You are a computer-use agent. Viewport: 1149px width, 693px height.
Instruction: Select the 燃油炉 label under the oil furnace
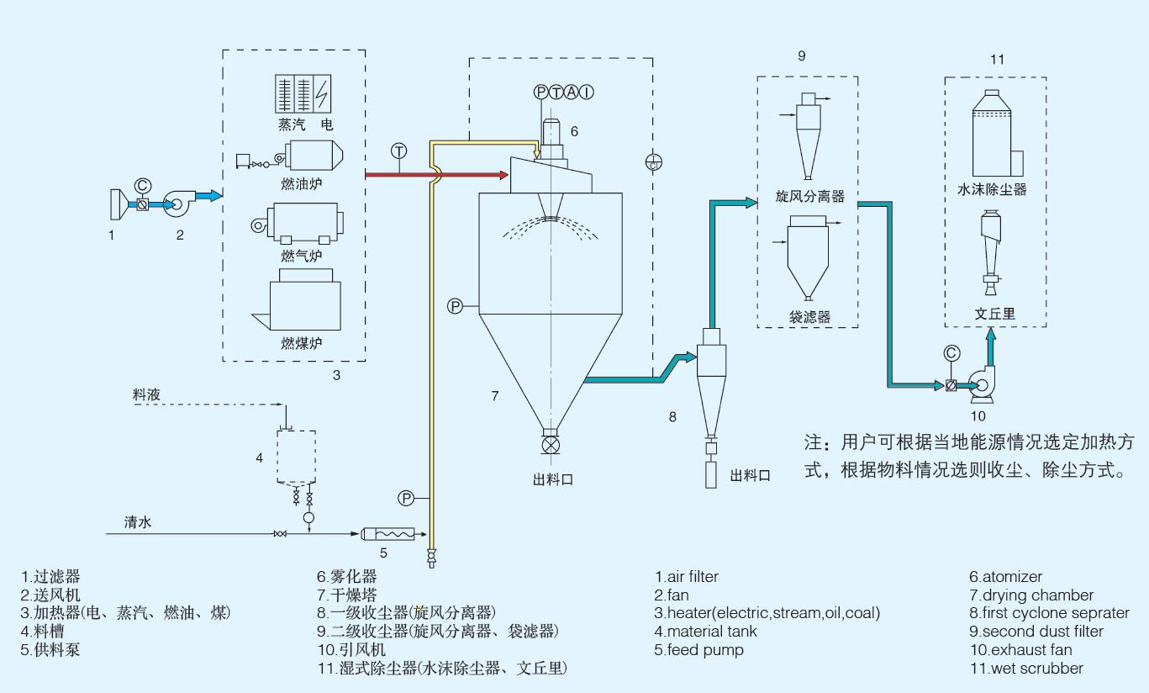(x=302, y=183)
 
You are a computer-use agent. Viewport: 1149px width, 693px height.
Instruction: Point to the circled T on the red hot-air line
(x=398, y=151)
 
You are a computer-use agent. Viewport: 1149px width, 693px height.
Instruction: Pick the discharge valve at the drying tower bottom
(x=551, y=443)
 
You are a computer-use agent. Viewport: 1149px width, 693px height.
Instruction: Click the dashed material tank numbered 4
(x=296, y=456)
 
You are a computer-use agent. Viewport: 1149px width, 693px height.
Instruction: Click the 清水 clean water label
(x=138, y=522)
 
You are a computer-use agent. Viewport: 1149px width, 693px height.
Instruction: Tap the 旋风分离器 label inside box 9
(x=809, y=197)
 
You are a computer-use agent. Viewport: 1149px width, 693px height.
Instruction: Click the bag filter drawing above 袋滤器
(x=808, y=256)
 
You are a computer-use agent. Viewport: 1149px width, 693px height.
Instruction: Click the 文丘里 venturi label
(x=995, y=314)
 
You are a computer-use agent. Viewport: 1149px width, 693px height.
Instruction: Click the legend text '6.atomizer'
(x=1005, y=577)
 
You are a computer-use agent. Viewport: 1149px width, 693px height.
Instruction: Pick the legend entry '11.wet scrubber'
(x=1025, y=669)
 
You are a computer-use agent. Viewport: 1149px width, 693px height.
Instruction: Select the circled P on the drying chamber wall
(x=455, y=306)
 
